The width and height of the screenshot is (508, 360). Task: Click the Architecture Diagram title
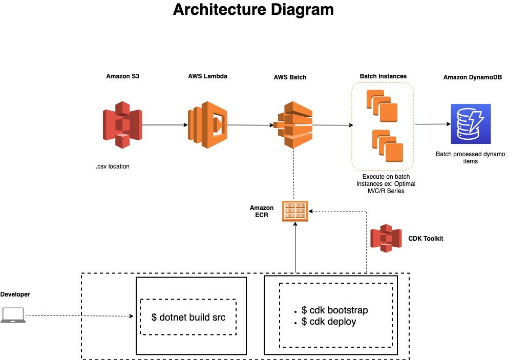[253, 10]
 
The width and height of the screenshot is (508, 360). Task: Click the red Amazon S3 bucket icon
[122, 125]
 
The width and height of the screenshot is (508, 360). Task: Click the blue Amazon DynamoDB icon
[470, 124]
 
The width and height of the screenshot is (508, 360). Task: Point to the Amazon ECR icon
[295, 211]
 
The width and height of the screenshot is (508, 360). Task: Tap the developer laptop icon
[13, 315]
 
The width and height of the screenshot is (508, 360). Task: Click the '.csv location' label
[112, 166]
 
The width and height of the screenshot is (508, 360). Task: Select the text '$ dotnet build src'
[188, 317]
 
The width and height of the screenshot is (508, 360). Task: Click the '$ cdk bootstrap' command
[334, 310]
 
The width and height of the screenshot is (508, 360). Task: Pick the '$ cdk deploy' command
[329, 322]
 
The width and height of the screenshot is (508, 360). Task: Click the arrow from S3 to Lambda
[163, 125]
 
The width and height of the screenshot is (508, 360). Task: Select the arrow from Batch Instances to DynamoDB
[432, 124]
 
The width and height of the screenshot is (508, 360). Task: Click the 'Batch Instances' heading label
[383, 76]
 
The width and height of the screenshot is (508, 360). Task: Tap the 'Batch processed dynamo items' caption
[470, 157]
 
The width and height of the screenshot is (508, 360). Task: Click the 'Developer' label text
[15, 294]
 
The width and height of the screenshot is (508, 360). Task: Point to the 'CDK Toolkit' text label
[426, 239]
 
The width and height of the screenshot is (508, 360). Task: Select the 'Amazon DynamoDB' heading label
[472, 77]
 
